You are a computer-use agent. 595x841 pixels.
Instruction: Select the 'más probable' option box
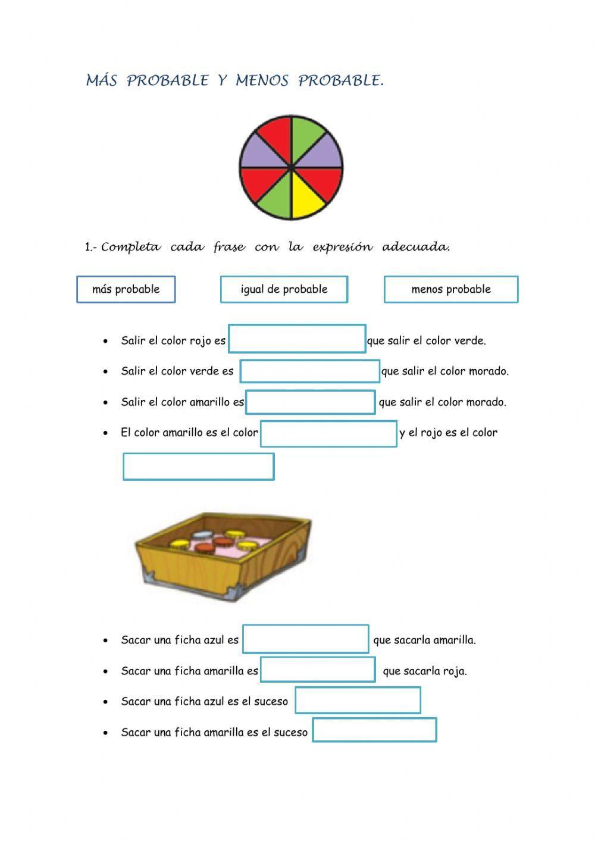click(x=126, y=289)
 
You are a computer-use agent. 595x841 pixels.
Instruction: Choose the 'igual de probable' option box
click(x=284, y=289)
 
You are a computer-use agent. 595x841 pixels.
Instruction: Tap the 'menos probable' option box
click(x=451, y=289)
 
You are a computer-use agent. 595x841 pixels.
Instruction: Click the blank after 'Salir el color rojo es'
click(x=297, y=339)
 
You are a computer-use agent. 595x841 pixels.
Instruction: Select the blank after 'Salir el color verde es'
click(x=310, y=371)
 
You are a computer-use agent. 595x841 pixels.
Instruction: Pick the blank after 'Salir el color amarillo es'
click(x=311, y=402)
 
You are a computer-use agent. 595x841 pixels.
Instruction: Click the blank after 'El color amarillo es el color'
click(x=328, y=433)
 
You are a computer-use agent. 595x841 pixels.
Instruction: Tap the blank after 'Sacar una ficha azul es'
click(x=306, y=639)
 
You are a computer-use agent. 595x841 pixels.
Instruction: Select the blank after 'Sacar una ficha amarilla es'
click(x=318, y=670)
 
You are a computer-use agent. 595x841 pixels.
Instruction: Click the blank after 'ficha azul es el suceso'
click(x=358, y=700)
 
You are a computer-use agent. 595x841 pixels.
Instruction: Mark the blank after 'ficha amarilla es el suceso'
click(x=375, y=730)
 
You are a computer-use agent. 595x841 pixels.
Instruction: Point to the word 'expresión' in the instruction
click(x=343, y=247)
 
